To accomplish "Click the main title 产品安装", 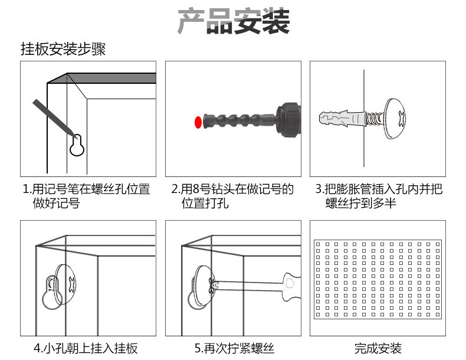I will [234, 22].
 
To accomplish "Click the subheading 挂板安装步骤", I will [63, 50].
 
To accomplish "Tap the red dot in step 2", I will [198, 122].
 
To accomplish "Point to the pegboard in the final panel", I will [378, 279].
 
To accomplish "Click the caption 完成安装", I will [378, 348].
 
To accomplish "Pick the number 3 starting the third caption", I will [318, 189].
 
